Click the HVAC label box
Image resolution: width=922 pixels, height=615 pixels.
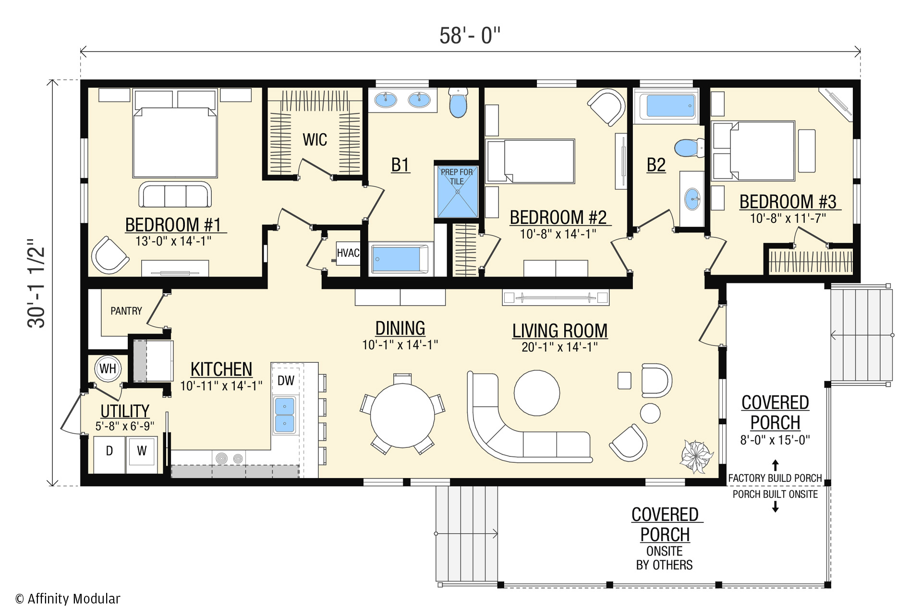pos(348,253)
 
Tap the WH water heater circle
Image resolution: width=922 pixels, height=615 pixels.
pos(108,369)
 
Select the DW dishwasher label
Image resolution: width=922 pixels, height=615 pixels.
pos(286,381)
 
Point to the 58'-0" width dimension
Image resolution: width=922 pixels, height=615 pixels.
pos(470,36)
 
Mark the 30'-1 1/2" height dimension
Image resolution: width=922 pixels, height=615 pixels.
pos(36,283)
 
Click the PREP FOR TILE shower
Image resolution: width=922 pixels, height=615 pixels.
pos(457,191)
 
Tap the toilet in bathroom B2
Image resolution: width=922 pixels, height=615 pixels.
pos(689,148)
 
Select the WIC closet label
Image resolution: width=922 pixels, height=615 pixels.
pos(315,140)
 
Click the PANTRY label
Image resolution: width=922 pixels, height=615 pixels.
pos(126,311)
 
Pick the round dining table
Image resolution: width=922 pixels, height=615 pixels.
pos(402,416)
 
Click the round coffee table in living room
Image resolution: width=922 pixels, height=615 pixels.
pos(537,393)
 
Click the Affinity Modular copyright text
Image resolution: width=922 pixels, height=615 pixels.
pos(68,599)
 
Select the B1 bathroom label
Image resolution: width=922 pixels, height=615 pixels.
pos(400,165)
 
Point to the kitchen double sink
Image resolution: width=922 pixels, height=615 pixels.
pos(285,415)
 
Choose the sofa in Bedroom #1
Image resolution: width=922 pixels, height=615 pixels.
pos(175,195)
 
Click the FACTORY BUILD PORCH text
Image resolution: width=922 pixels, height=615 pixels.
pos(775,478)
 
